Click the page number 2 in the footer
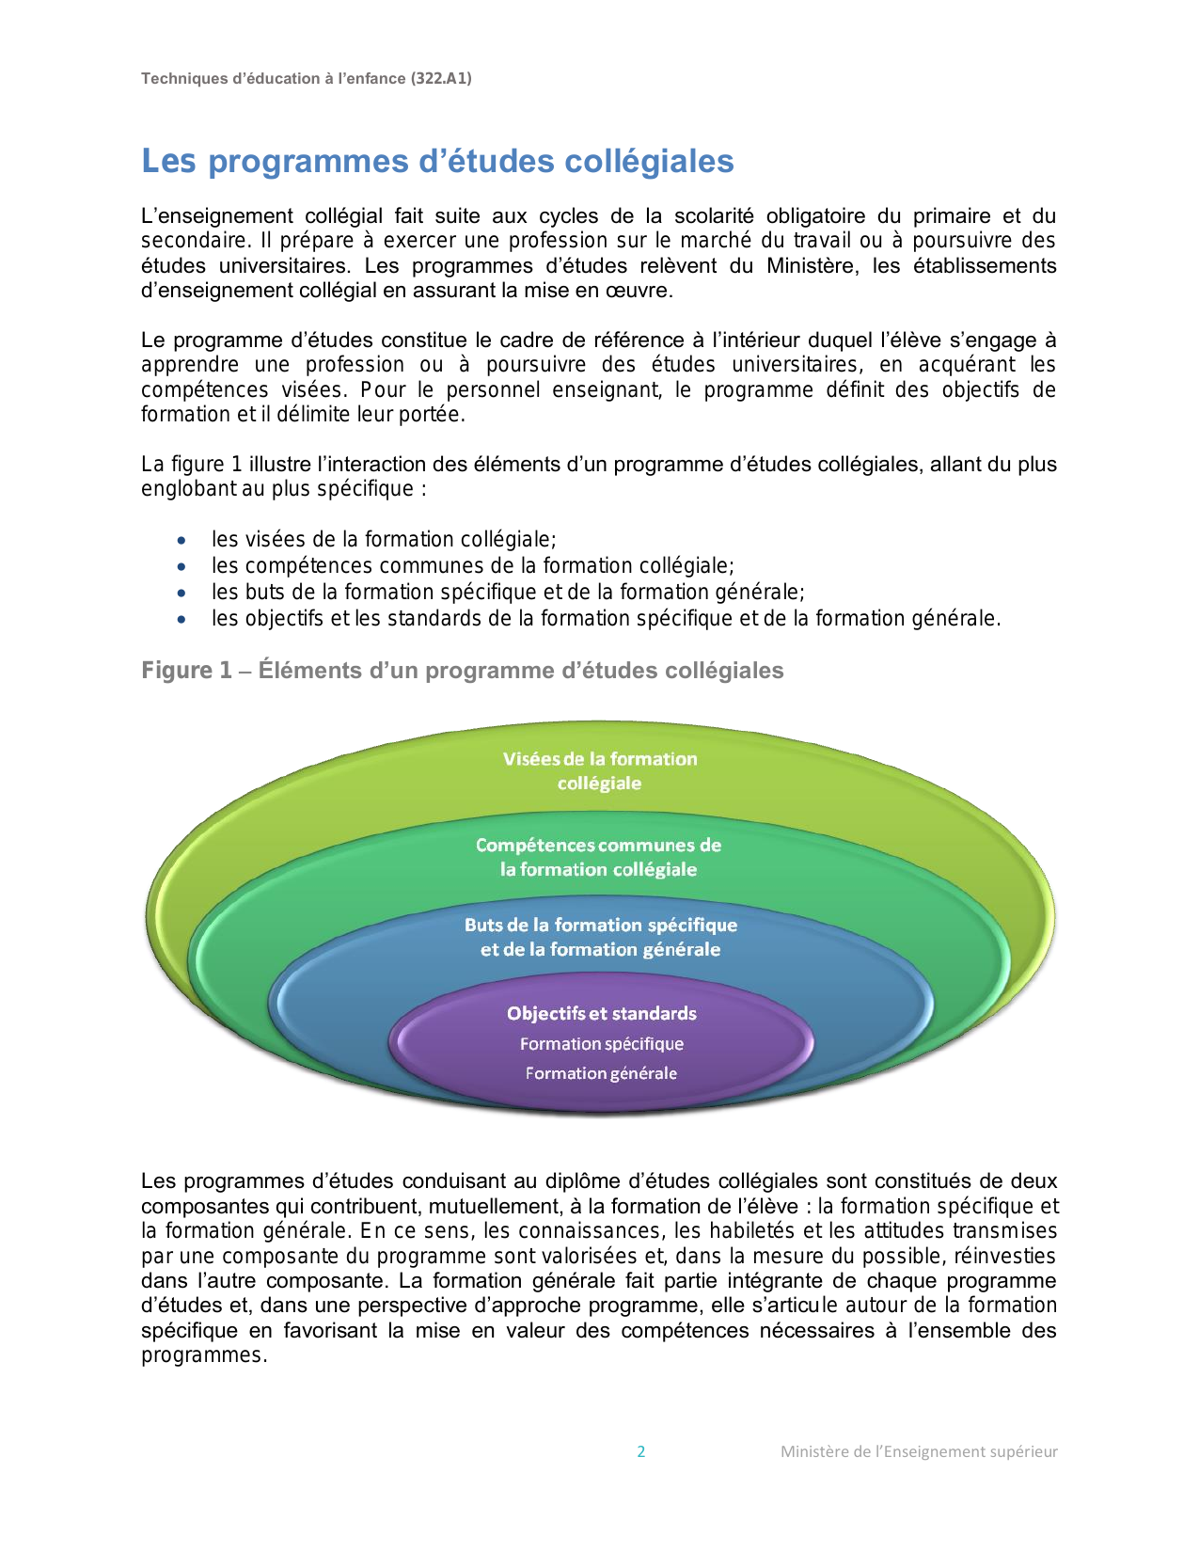[x=641, y=1451]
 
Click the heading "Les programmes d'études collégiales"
[x=437, y=161]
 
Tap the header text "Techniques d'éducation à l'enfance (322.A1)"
[x=307, y=79]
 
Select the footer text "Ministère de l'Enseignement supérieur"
[x=919, y=1451]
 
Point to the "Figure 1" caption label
[x=186, y=671]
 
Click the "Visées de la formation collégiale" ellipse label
[x=600, y=770]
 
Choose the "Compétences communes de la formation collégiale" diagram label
[x=598, y=857]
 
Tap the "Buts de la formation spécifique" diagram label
[x=601, y=926]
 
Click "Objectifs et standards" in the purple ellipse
[x=602, y=1013]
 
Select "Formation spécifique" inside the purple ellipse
[x=602, y=1044]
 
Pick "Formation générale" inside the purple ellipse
[x=601, y=1073]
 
